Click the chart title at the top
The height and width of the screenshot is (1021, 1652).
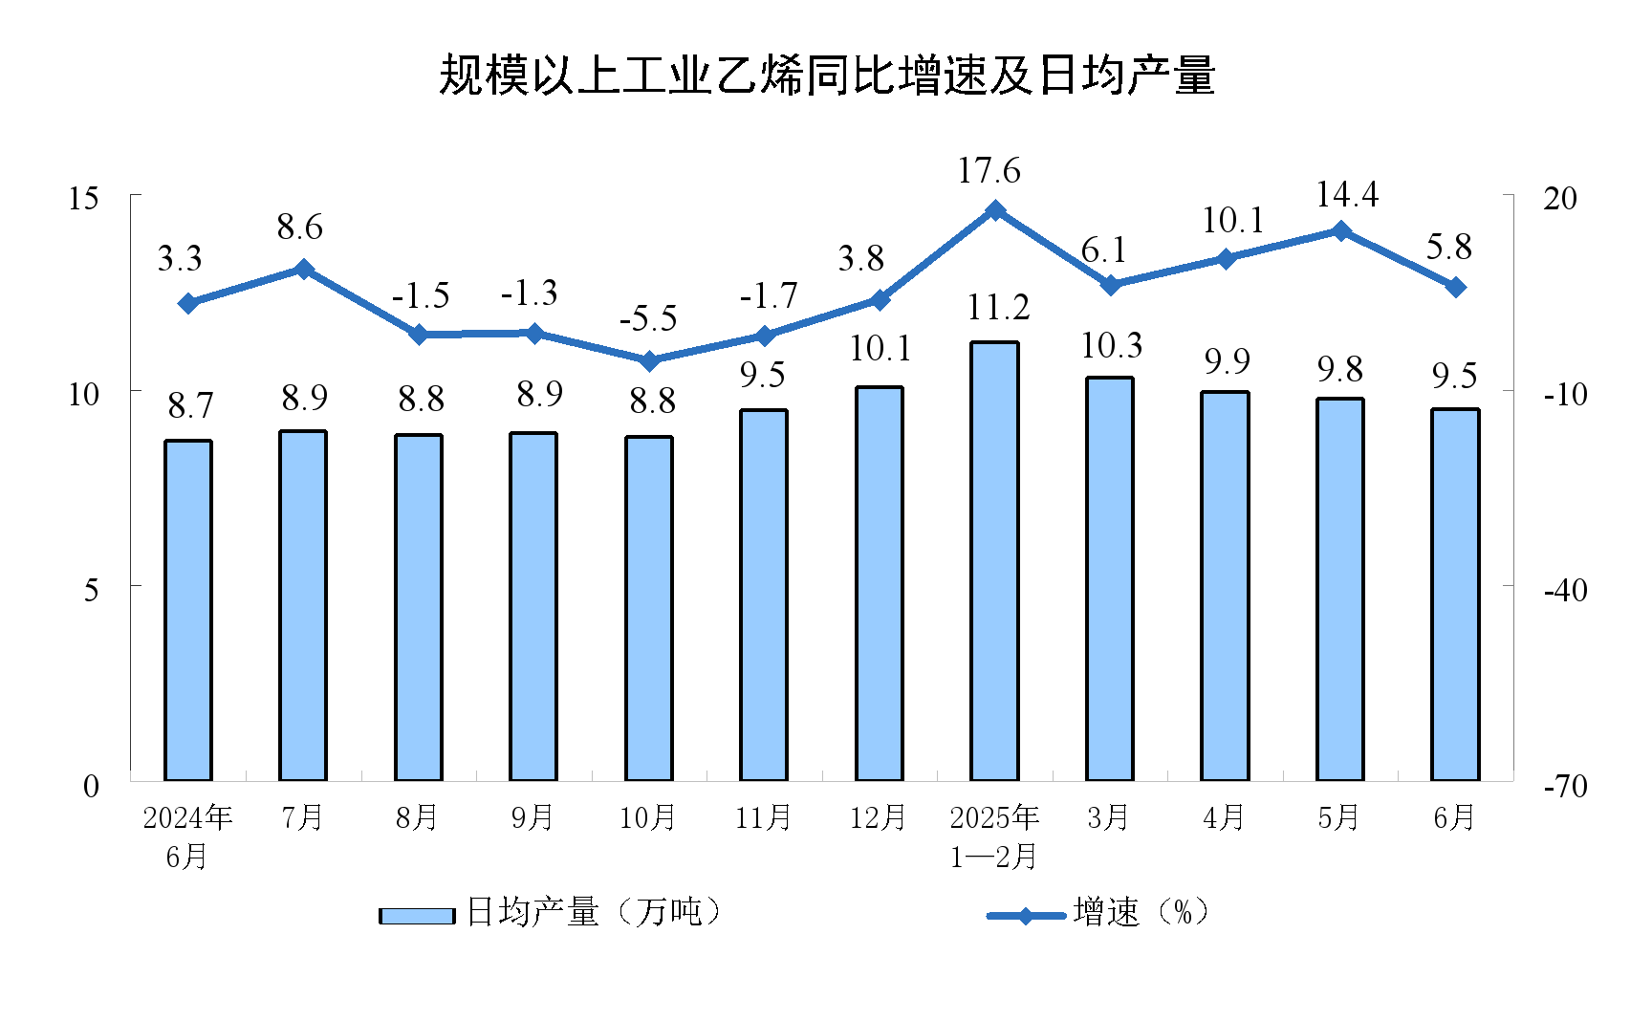[x=826, y=76]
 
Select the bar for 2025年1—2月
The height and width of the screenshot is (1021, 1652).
[x=994, y=561]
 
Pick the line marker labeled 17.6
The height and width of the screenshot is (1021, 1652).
[x=995, y=210]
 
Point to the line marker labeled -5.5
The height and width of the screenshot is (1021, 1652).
[x=649, y=360]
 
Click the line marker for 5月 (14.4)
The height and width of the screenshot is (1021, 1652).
[x=1340, y=231]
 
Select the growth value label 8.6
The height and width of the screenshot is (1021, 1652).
[x=299, y=228]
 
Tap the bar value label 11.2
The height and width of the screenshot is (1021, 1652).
[x=997, y=308]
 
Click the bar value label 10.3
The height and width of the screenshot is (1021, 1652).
[x=1112, y=345]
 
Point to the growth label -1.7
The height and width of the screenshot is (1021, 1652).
[x=768, y=296]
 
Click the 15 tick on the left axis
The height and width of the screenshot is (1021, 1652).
[x=84, y=199]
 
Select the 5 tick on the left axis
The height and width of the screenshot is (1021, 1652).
[x=91, y=589]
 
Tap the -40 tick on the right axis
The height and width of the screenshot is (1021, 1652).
[x=1565, y=590]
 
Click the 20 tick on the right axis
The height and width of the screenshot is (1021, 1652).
[x=1560, y=199]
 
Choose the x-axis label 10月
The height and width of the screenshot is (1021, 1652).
[x=647, y=817]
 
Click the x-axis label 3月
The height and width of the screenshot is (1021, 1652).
[x=1109, y=817]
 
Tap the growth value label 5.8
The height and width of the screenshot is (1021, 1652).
[x=1448, y=248]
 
